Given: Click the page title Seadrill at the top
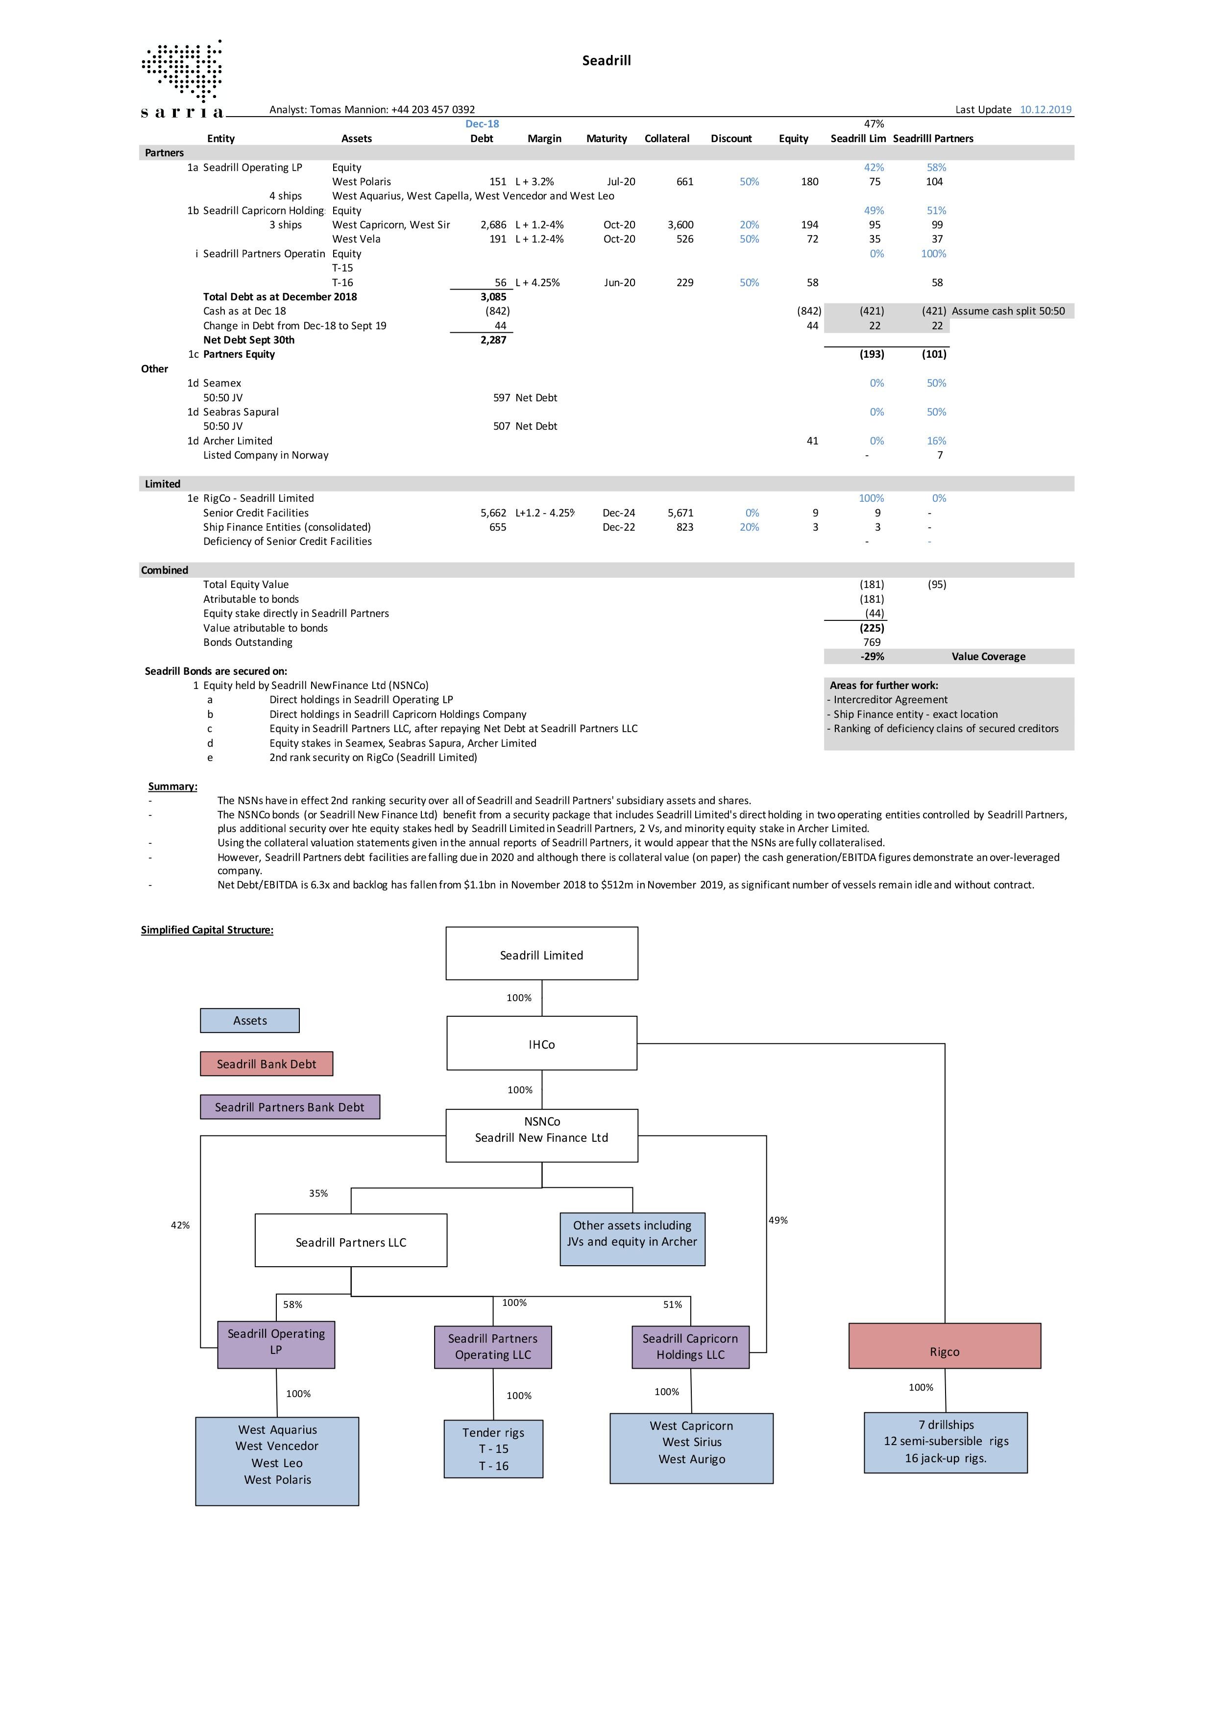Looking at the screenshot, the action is [x=607, y=61].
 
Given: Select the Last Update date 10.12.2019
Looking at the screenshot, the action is [x=1046, y=109].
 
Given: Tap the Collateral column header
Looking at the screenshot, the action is [x=666, y=139].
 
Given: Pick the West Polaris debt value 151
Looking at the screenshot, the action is [x=498, y=182].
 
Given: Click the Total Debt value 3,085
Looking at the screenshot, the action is [x=493, y=296].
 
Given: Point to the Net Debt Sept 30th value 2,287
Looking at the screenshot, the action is [x=493, y=340].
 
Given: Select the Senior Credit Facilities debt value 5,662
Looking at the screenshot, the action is [x=493, y=513].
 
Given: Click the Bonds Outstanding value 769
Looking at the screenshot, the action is [x=872, y=642].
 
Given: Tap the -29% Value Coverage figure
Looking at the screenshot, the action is [x=872, y=657].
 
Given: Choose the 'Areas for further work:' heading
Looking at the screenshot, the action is [x=883, y=685].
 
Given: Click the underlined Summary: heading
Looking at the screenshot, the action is [x=173, y=786].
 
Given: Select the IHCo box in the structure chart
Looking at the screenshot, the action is [x=542, y=1043].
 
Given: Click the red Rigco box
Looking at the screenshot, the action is [x=945, y=1346].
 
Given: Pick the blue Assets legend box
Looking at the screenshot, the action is [x=250, y=1020].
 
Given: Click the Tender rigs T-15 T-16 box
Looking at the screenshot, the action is [x=493, y=1449].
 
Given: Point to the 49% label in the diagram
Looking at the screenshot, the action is [x=778, y=1220].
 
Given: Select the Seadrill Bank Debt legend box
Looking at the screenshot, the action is [x=267, y=1064].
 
